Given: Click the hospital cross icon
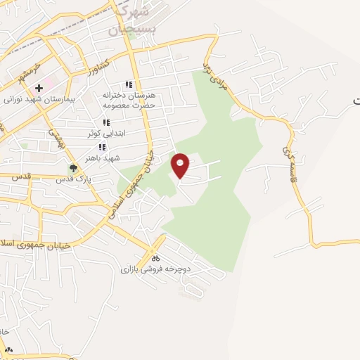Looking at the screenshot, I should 39,88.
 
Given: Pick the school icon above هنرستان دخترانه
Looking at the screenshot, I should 128,84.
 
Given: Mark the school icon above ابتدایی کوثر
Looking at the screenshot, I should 106,123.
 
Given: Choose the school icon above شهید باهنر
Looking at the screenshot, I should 102,147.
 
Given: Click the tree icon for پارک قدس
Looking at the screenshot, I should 73,167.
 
